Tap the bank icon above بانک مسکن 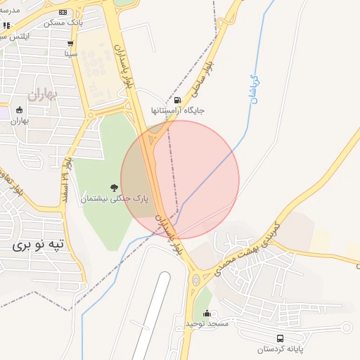63,12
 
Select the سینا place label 71,53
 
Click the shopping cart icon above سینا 71,44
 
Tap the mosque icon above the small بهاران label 19,110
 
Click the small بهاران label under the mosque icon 19,120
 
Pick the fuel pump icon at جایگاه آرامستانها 177,100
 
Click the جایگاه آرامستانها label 177,111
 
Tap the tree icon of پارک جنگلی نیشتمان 113,187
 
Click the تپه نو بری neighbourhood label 39,245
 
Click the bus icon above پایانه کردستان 281,338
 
